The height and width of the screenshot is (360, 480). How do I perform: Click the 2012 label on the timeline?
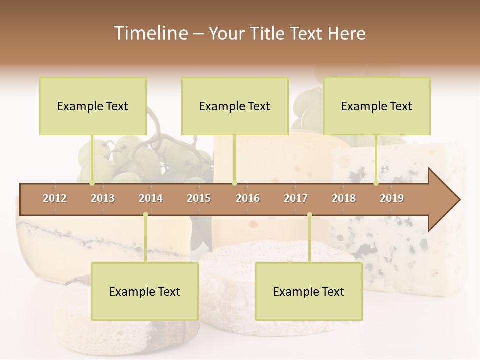tap(55, 198)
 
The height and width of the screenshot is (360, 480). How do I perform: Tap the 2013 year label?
tap(103, 198)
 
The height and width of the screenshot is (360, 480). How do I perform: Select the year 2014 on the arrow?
tap(151, 198)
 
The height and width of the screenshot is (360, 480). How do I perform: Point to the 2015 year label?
tap(199, 198)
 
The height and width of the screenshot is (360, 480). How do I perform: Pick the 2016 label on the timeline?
tap(248, 198)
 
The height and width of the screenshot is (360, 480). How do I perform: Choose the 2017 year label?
tap(296, 198)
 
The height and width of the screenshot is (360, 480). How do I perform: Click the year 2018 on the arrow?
tap(344, 198)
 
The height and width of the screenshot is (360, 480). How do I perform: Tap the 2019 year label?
tap(392, 198)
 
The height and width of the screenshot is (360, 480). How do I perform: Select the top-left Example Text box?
tap(93, 106)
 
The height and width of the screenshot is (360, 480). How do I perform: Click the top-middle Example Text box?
tap(235, 106)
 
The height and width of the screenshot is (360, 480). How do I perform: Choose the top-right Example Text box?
tap(377, 106)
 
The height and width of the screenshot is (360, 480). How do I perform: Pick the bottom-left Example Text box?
tap(145, 292)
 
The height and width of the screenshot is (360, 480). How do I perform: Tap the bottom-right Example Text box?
tap(309, 292)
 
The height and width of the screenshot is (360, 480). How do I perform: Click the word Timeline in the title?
tap(150, 33)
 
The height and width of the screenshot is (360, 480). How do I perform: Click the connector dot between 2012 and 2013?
tap(92, 183)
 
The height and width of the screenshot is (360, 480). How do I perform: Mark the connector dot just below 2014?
tap(145, 215)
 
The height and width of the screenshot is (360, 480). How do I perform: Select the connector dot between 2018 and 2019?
tap(376, 183)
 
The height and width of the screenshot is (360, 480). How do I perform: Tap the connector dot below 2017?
tap(309, 215)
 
